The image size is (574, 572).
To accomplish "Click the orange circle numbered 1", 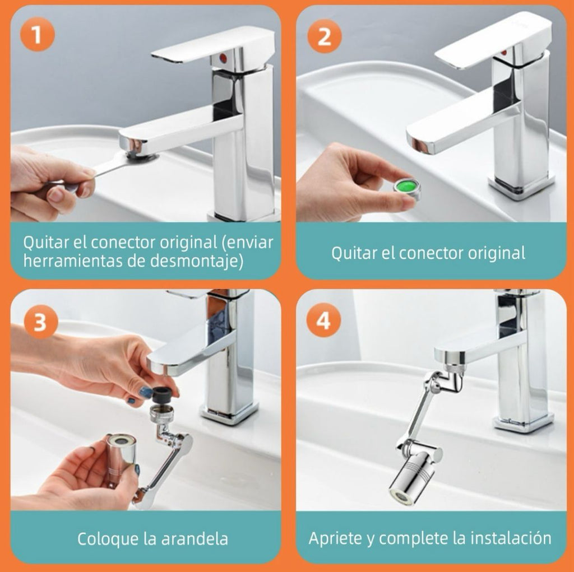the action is [x=38, y=35].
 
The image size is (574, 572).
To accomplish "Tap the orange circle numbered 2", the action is [x=324, y=36].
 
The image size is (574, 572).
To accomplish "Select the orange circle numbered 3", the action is [x=40, y=322].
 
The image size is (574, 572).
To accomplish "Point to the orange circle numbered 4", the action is [x=323, y=321].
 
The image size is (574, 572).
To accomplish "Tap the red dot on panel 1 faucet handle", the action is [x=223, y=57].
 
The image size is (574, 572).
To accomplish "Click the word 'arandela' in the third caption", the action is [x=195, y=538].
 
